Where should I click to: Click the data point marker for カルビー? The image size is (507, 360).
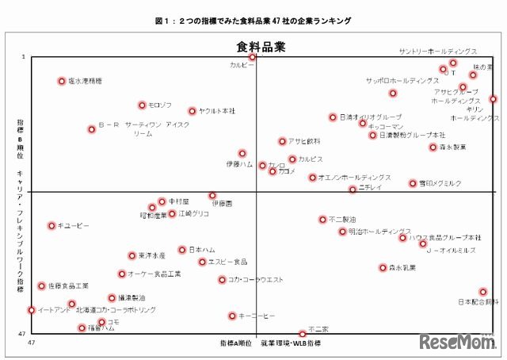pos(253,57)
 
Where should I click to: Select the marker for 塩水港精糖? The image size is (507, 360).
pos(62,81)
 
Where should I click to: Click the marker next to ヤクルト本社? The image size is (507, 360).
pos(192,111)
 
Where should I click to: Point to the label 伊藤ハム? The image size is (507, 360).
pos(238,164)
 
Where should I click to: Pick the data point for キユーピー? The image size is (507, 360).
pos(51,226)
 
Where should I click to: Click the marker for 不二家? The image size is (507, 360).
pos(302,334)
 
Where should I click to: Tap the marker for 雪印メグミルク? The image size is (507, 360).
pos(413,183)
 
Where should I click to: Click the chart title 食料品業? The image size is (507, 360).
pos(258,46)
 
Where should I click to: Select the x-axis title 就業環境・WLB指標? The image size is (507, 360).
pos(291,343)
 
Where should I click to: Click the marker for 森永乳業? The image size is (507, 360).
pos(383,268)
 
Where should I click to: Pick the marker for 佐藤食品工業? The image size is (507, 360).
pos(42,285)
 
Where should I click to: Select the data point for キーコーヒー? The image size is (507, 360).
pos(232,316)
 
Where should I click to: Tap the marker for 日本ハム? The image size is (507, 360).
pos(182,250)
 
